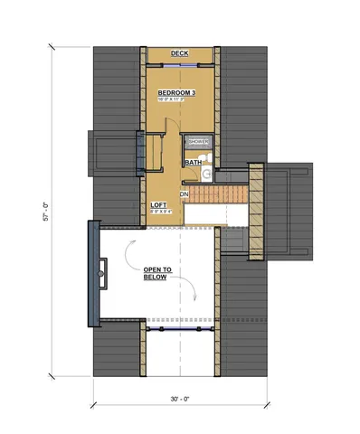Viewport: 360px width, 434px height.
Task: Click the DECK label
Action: tap(178, 53)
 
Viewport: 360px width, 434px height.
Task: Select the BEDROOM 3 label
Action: tap(176, 93)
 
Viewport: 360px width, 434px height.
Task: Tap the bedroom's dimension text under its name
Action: tap(176, 100)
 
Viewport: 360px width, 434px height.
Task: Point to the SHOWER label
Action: tap(198, 142)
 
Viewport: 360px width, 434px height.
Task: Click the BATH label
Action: tap(193, 163)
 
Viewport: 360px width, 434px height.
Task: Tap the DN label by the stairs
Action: tap(184, 193)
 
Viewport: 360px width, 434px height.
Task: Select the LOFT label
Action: tap(158, 204)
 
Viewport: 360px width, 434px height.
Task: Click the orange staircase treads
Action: tap(217, 194)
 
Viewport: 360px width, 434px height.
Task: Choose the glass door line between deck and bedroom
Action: tap(179, 65)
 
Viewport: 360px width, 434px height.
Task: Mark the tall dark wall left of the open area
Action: tap(92, 273)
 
